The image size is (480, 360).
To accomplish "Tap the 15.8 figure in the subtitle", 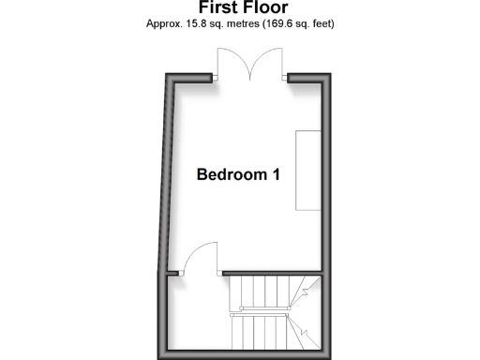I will click(199, 22).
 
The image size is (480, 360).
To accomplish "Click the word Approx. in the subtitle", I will click(165, 22).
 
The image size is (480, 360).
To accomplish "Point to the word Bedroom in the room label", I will click(231, 174).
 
